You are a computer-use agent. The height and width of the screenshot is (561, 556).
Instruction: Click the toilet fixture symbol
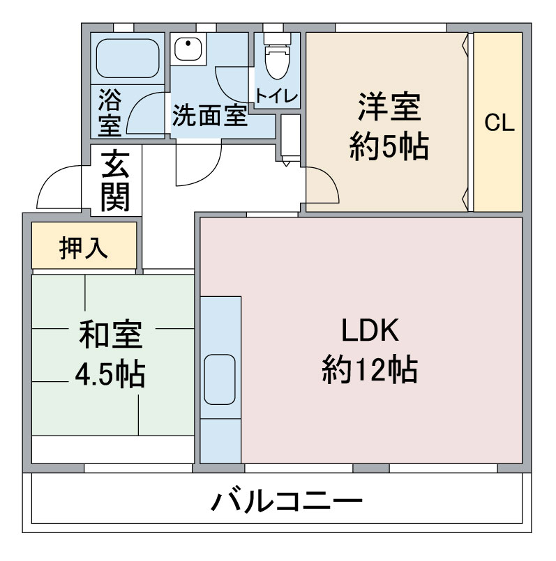[277, 59]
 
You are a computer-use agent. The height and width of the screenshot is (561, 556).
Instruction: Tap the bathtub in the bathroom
[127, 58]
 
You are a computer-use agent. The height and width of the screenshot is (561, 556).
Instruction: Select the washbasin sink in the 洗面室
[188, 49]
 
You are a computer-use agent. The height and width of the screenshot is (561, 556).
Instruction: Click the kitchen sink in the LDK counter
[220, 379]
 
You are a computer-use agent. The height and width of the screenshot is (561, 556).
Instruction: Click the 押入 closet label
[84, 248]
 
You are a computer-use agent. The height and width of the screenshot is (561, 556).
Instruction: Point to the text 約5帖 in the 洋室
[389, 147]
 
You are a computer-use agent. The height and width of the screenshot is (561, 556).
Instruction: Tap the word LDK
[369, 330]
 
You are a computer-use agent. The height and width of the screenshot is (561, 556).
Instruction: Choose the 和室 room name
[110, 335]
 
